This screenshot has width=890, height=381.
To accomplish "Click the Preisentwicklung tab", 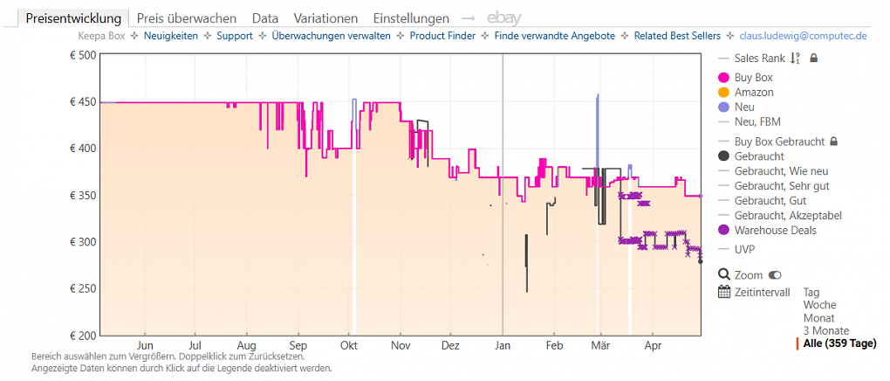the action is pos(74,18).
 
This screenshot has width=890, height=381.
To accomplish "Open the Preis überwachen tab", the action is pos(187,18).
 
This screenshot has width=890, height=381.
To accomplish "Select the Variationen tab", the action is pos(325,18).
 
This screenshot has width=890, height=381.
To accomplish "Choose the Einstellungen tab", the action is pos(411,18).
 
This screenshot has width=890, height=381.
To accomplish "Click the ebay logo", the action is pos(504,18).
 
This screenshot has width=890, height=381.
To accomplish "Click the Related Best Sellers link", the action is pos(677,36).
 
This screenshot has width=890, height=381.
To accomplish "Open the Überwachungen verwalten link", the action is pos(331,36).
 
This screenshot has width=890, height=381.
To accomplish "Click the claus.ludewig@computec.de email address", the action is pos(803,36).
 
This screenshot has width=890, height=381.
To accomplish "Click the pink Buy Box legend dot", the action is pos(723,78).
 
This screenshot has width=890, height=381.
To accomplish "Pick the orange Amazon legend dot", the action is pos(723,92).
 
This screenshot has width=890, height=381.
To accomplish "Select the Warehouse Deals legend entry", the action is pos(767,231).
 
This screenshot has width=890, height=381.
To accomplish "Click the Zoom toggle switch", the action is pos(774,275).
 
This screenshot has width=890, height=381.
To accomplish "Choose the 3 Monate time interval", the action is pos(825,331).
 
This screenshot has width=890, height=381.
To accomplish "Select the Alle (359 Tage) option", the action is pos(839,343).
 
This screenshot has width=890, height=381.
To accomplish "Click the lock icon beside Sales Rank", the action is pos(813,58).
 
